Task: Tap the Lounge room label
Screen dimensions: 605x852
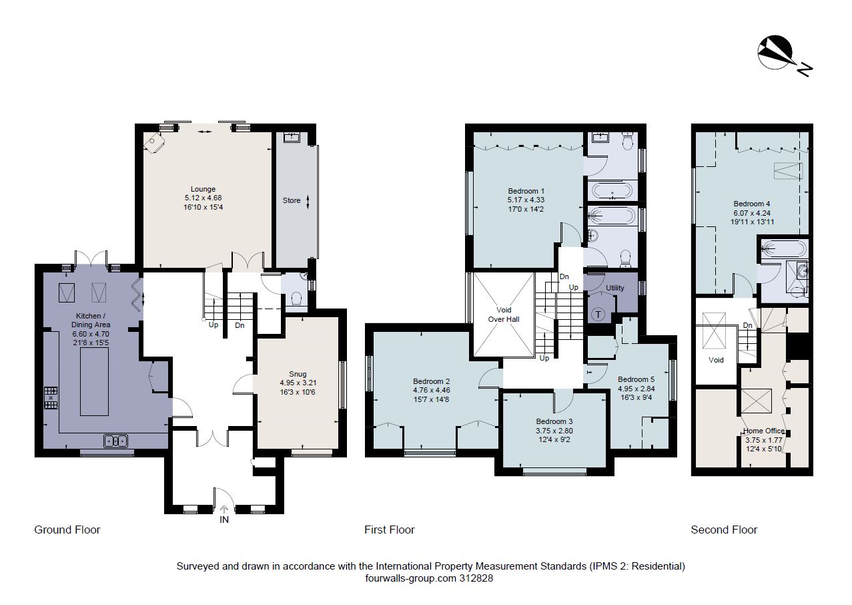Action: click(x=203, y=189)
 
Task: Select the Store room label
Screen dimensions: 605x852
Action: click(x=292, y=200)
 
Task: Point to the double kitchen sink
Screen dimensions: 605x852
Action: click(x=116, y=441)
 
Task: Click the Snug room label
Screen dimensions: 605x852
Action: click(x=298, y=374)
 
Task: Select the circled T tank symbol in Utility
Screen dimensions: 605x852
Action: click(x=598, y=315)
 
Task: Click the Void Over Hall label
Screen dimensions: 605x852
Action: click(x=504, y=315)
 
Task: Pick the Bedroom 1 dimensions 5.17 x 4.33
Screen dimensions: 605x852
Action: click(x=526, y=199)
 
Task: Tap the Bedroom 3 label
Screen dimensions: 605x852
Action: click(x=554, y=421)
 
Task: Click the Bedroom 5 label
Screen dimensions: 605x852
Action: click(x=636, y=379)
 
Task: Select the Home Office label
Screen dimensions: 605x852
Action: click(x=764, y=431)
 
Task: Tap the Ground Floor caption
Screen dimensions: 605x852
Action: click(x=67, y=530)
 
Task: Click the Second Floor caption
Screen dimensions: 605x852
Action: click(x=724, y=530)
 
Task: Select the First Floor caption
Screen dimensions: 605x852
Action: click(x=389, y=530)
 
